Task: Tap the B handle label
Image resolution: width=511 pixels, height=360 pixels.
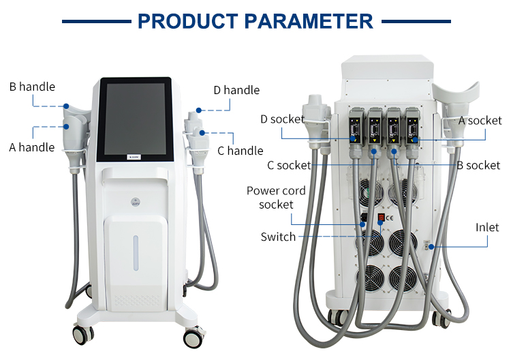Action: (32, 87)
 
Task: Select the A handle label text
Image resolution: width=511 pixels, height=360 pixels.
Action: (32, 147)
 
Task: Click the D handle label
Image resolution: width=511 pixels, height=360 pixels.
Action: (236, 90)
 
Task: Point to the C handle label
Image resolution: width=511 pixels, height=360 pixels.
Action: (240, 151)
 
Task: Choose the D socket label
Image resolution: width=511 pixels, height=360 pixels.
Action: (282, 119)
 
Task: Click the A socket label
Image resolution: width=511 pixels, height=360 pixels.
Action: (480, 121)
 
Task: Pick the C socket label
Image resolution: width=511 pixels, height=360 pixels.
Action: (289, 165)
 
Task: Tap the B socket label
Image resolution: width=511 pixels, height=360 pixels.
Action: (478, 165)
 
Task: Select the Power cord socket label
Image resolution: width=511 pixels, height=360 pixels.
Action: (276, 198)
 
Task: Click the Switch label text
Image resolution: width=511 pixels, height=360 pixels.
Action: (278, 237)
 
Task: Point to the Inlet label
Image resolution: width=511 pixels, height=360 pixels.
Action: (487, 227)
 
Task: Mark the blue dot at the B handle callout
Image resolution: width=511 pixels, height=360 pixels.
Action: (67, 106)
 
